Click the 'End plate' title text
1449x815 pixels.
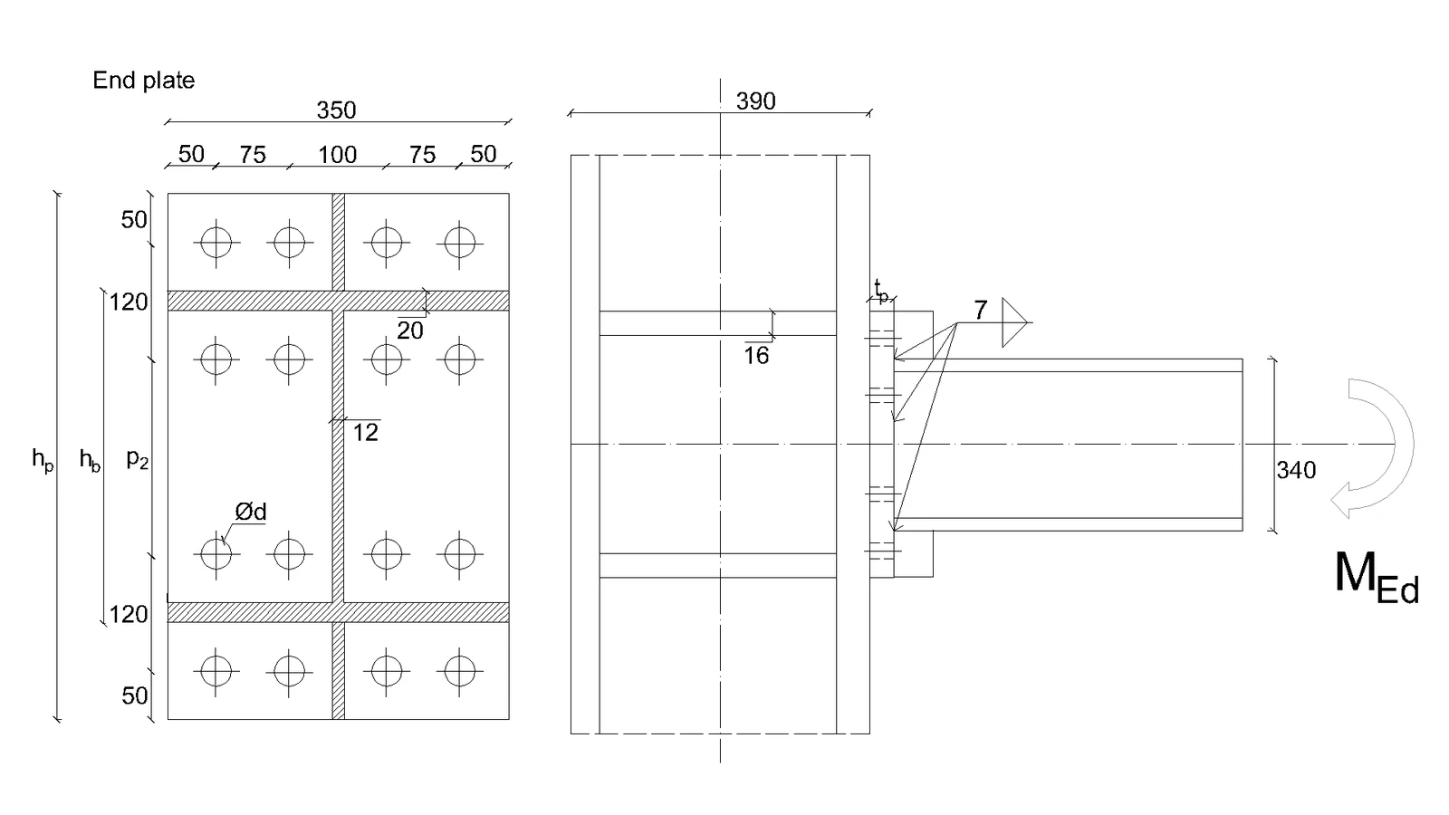tap(144, 81)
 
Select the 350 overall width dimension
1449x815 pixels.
tap(336, 110)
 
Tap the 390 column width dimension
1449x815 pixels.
tap(755, 101)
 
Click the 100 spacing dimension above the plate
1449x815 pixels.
tap(337, 155)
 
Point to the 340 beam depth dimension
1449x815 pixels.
tap(1296, 470)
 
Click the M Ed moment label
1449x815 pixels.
tap(1377, 577)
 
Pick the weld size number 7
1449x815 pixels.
tap(981, 311)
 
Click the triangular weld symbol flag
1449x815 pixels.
tap(1014, 322)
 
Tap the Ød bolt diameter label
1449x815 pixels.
tap(250, 513)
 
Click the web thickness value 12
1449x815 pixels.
tap(366, 433)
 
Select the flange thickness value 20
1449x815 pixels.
tap(410, 331)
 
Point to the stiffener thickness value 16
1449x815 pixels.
tap(756, 356)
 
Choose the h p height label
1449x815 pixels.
tap(43, 459)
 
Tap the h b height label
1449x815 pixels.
tap(90, 459)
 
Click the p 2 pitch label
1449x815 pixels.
tap(137, 459)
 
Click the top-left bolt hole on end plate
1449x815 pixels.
tap(216, 244)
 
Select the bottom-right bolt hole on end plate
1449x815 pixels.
tap(459, 671)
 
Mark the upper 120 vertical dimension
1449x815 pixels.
tap(128, 302)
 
